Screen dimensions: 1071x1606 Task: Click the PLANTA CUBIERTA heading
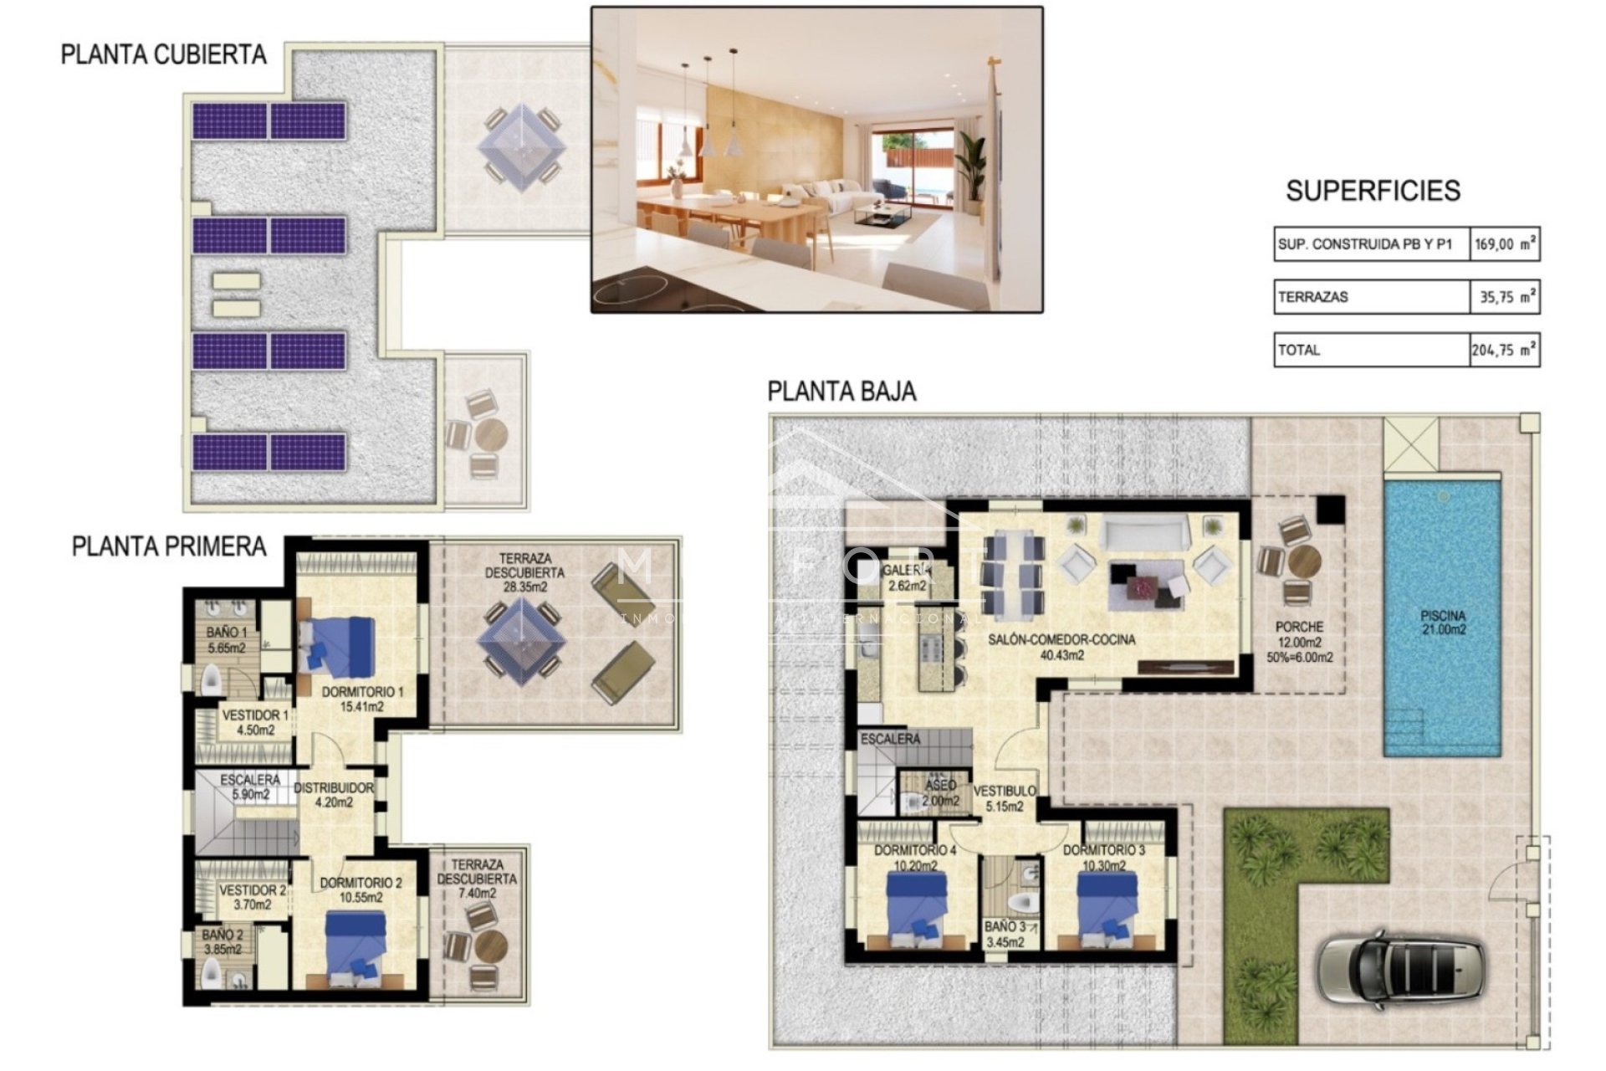(x=163, y=55)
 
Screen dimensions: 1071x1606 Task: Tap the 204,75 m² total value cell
(x=1504, y=351)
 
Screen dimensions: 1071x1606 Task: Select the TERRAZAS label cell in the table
(x=1371, y=297)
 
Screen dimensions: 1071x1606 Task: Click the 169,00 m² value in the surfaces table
(x=1504, y=245)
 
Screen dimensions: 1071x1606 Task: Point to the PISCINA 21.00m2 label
(x=1443, y=623)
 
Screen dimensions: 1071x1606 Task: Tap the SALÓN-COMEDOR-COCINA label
(x=1061, y=646)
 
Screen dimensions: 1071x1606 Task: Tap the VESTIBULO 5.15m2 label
(x=1004, y=798)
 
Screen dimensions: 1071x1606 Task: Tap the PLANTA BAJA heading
(x=841, y=392)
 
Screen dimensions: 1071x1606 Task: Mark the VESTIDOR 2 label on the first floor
(x=252, y=897)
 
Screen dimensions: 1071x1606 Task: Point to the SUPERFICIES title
(x=1373, y=192)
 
